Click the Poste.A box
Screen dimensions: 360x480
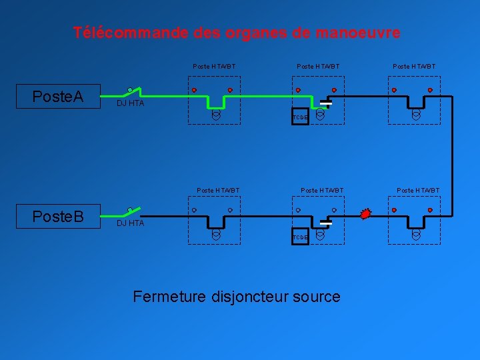click(x=58, y=97)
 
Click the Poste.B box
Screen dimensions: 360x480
click(x=58, y=217)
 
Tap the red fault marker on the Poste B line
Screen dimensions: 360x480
click(x=364, y=214)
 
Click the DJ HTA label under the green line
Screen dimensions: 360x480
click(x=130, y=103)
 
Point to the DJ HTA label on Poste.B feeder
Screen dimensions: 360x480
click(x=130, y=223)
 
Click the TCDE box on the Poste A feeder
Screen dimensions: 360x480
click(x=300, y=117)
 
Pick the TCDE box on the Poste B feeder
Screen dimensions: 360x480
click(x=300, y=237)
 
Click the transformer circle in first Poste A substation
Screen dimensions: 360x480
click(x=216, y=115)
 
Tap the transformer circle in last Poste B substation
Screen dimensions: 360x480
click(x=416, y=235)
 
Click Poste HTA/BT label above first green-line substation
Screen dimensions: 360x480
click(x=214, y=67)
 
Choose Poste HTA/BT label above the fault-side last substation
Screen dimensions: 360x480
click(x=418, y=191)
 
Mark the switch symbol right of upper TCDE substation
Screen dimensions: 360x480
click(x=326, y=103)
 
